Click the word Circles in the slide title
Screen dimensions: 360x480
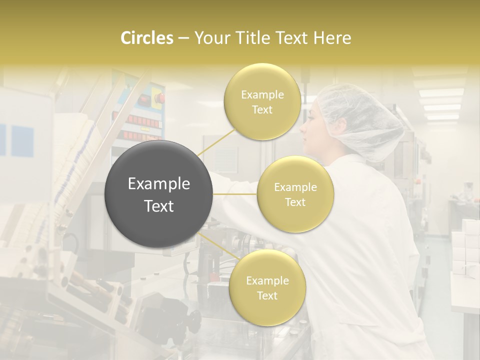(147, 38)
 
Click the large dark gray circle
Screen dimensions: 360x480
(158, 194)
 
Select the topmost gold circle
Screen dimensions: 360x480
(262, 101)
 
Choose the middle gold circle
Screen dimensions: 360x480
(295, 194)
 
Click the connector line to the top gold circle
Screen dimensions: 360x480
(216, 141)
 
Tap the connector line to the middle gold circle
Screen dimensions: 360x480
(235, 194)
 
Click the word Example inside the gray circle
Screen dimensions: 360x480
(158, 184)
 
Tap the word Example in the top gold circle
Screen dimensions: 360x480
(262, 94)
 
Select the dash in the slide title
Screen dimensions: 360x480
(183, 38)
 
